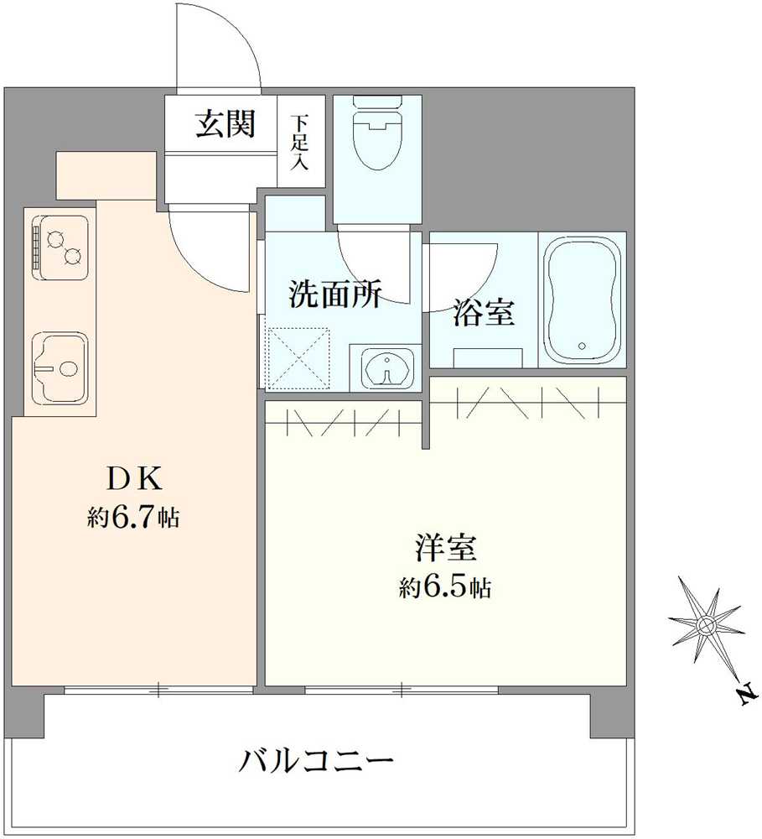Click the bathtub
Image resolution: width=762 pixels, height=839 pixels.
pos(582,299)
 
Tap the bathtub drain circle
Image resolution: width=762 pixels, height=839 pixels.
pos(580,346)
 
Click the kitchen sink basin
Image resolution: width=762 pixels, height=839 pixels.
pos(59,366)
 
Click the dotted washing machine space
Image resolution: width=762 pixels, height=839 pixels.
pos(298,358)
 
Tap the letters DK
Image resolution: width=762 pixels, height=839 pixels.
pos(133,479)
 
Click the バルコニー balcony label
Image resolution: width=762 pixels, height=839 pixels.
pos(318,761)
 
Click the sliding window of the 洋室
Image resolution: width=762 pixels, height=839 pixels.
pos(402,690)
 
